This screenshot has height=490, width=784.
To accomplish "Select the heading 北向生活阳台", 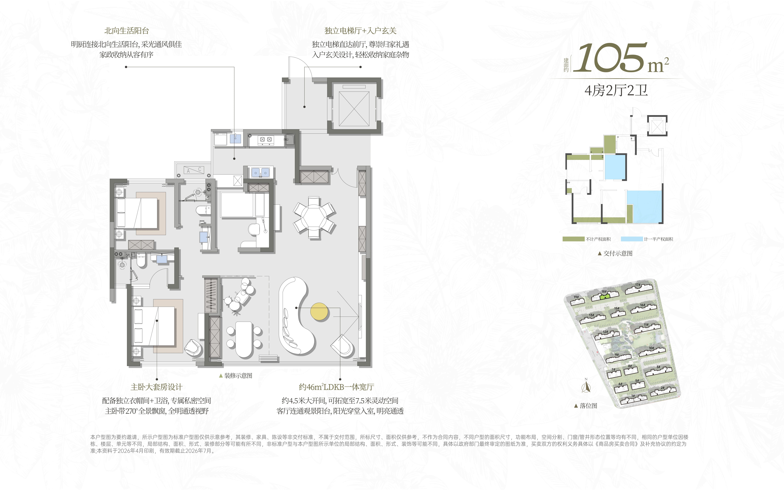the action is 126,31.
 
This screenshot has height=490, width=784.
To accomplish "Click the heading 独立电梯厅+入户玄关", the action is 360,31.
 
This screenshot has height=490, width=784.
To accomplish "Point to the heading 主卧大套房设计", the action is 157,387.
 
